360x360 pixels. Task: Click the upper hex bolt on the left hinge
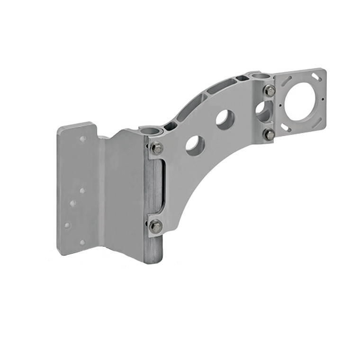tap(156, 148)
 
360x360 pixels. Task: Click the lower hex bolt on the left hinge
tap(155, 226)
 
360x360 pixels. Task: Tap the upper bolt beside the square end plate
tap(269, 90)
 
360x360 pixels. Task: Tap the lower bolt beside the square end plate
tap(269, 135)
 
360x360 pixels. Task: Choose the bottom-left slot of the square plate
tap(286, 127)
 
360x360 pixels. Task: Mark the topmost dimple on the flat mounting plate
tap(83, 139)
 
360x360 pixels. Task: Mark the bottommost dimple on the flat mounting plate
tap(82, 242)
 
